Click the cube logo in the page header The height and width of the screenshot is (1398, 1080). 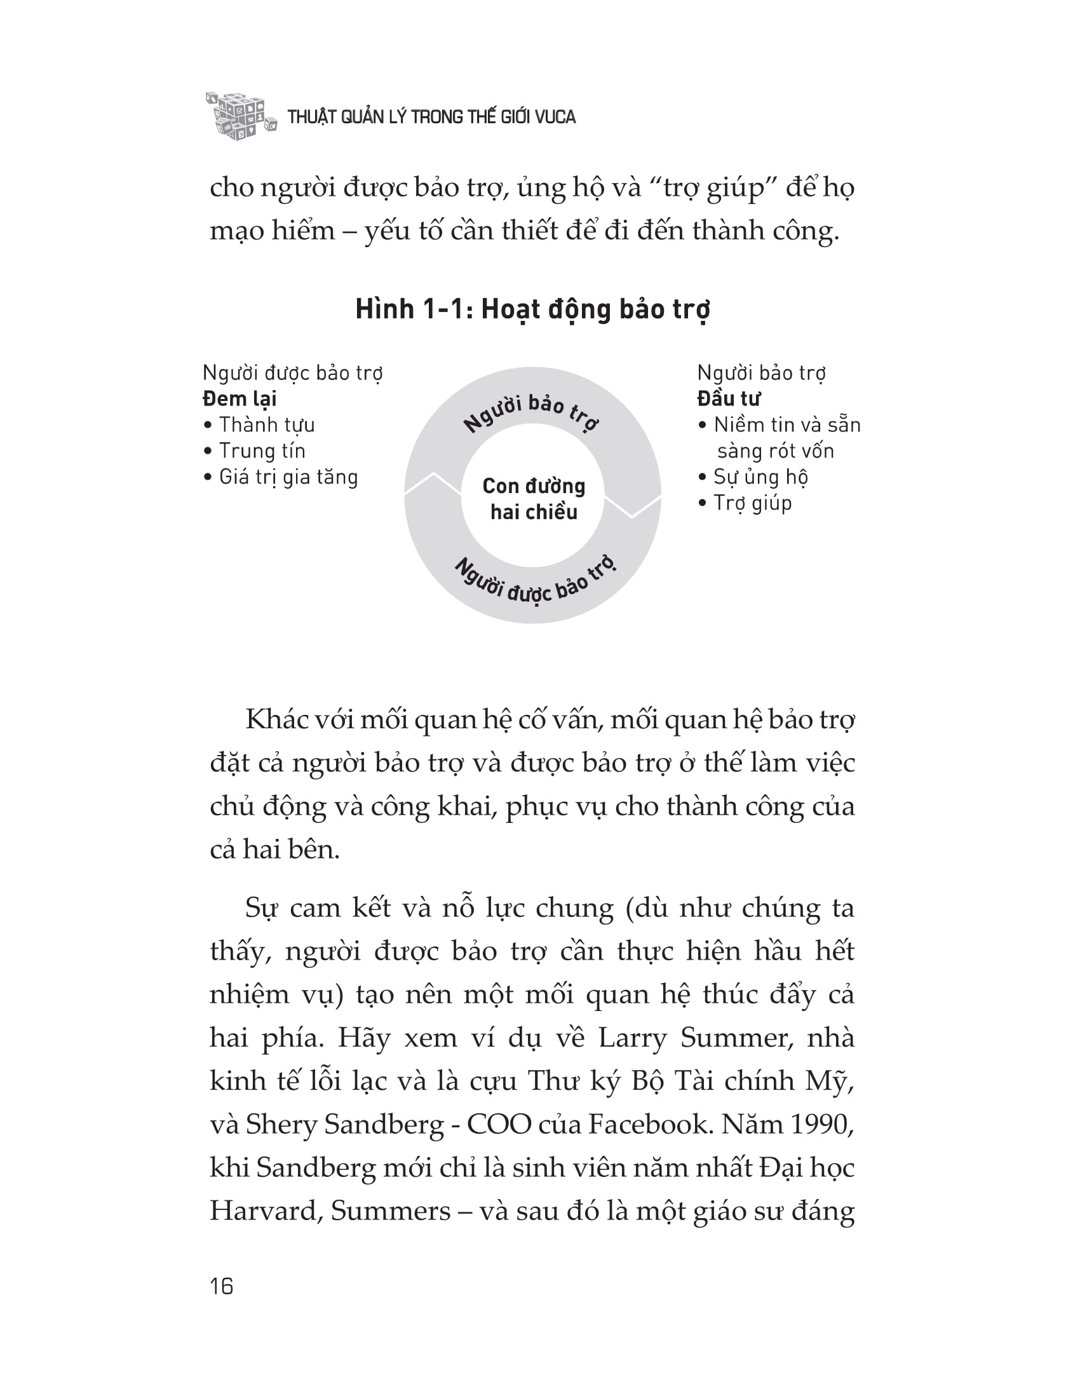click(240, 116)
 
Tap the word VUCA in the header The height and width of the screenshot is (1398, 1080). click(555, 117)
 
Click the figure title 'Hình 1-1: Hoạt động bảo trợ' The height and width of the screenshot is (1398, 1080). click(532, 310)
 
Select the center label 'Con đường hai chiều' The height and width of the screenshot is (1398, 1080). click(534, 499)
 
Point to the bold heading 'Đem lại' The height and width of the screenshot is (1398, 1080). click(240, 399)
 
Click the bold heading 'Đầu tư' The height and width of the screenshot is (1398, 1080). click(728, 399)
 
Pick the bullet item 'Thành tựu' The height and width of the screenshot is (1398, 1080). click(266, 425)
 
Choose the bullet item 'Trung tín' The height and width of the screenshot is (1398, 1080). click(262, 451)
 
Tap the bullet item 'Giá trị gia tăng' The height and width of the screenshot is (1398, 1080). click(288, 477)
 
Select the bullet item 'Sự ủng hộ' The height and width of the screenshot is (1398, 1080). click(760, 477)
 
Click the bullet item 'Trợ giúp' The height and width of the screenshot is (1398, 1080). click(752, 504)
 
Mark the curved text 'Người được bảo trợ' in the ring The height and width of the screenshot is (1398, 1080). click(535, 584)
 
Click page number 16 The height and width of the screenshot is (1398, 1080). click(221, 1286)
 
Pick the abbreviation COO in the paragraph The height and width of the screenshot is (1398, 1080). click(499, 1124)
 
